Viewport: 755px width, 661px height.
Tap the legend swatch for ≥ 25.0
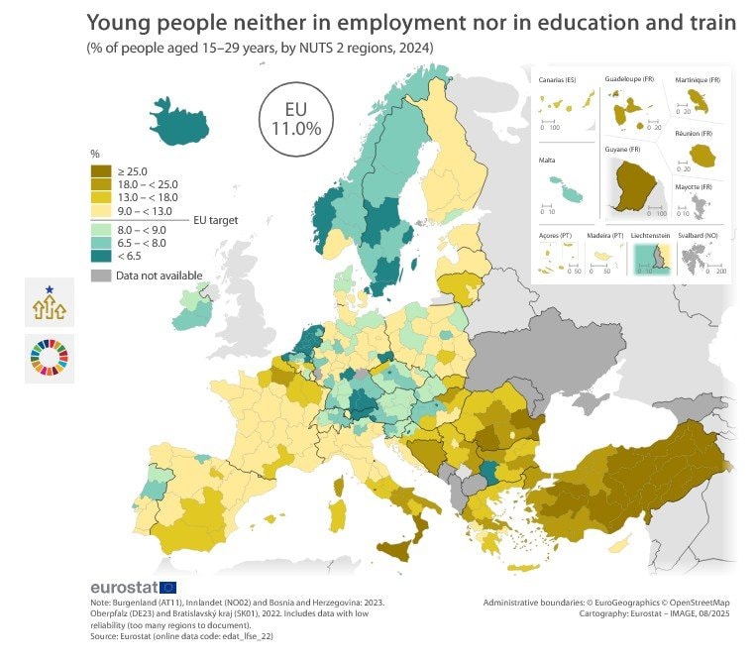pos(101,170)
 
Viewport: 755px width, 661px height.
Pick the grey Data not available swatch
pos(101,275)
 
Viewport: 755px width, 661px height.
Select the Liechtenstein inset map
pos(652,259)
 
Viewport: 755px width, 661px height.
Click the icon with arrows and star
pos(50,303)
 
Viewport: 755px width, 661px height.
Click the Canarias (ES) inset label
pos(557,78)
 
